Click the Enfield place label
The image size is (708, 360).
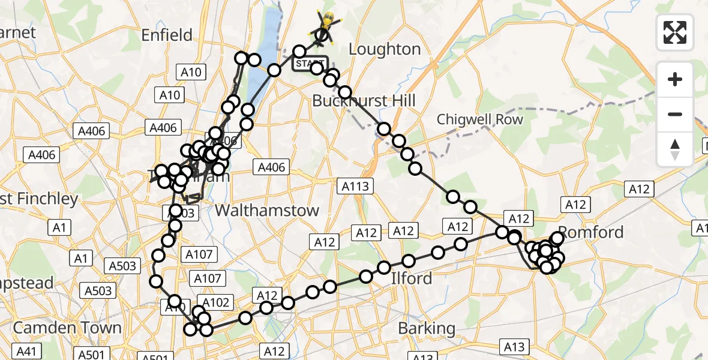click(x=167, y=35)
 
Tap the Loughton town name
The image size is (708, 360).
click(x=384, y=49)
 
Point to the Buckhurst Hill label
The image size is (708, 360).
click(x=364, y=100)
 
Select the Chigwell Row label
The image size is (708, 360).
click(x=479, y=119)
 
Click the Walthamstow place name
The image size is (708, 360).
click(x=267, y=211)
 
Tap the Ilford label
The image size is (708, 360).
click(x=411, y=278)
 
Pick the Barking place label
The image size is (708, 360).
click(x=426, y=328)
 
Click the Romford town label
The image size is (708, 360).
click(x=591, y=232)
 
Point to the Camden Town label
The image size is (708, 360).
click(x=67, y=328)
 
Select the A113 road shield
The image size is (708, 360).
click(x=356, y=186)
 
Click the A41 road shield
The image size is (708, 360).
click(x=28, y=351)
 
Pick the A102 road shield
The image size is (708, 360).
click(x=217, y=302)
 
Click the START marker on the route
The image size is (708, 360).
click(x=310, y=63)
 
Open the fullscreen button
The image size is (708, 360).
click(x=675, y=32)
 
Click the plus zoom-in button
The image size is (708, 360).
click(x=675, y=79)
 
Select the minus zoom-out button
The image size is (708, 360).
click(x=675, y=114)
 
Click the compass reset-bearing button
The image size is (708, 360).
click(x=675, y=148)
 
